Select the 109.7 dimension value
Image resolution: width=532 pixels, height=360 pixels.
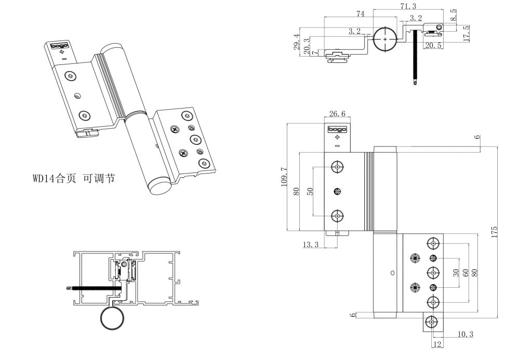tap(284, 177)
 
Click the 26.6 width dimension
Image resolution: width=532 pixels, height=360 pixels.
tap(337, 114)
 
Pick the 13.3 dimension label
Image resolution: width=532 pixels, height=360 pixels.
tap(310, 245)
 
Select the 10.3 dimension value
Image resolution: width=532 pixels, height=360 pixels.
tap(465, 334)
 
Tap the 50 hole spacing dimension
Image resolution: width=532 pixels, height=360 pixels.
tap(310, 191)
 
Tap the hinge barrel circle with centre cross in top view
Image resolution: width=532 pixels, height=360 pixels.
tap(384, 39)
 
